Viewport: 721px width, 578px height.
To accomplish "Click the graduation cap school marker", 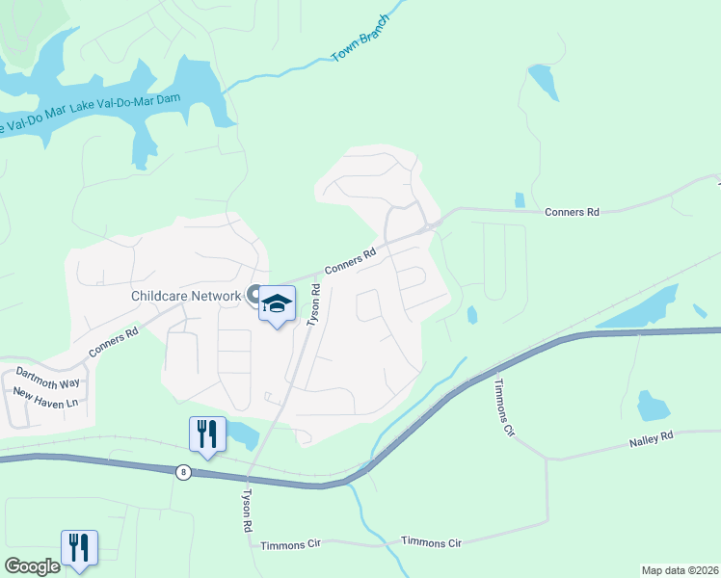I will [277, 304].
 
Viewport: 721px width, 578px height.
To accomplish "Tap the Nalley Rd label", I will [653, 435].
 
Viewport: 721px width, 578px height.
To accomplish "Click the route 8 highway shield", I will [182, 472].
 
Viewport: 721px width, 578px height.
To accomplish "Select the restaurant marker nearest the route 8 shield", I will [207, 434].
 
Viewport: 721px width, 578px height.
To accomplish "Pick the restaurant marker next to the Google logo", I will [78, 548].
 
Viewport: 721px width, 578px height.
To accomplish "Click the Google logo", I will [32, 566].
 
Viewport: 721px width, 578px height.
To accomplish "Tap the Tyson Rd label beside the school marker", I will [313, 308].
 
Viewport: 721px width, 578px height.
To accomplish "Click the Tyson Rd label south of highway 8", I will [247, 512].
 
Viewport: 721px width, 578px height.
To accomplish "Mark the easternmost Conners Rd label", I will [572, 212].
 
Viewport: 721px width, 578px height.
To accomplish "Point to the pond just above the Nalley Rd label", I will [654, 407].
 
